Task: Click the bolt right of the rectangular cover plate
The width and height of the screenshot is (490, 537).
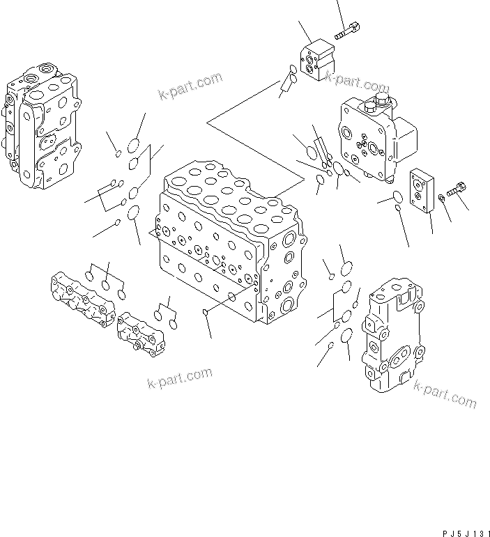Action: click(x=457, y=188)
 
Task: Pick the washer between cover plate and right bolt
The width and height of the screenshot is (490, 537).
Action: click(x=441, y=202)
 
